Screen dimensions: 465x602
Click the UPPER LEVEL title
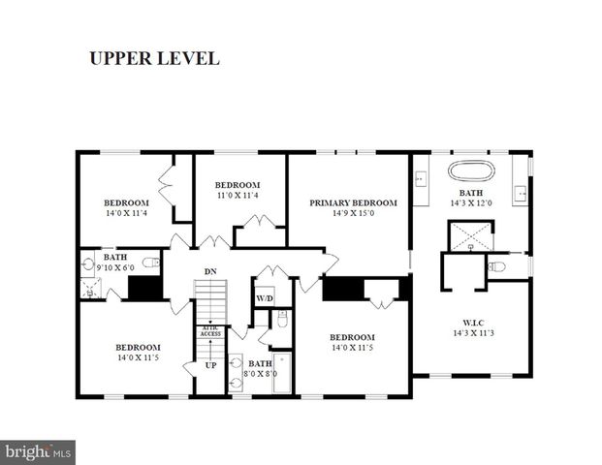click(x=154, y=58)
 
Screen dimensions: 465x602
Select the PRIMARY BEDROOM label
click(x=353, y=202)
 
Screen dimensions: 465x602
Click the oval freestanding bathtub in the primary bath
click(x=471, y=170)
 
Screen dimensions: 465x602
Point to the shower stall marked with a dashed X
click(x=465, y=235)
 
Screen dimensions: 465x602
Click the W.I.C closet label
click(x=472, y=322)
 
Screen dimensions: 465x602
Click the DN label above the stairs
click(x=209, y=271)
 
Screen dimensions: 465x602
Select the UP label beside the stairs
click(x=210, y=365)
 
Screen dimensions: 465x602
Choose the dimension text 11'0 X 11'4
click(x=238, y=196)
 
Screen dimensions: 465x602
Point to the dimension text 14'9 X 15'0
click(x=353, y=213)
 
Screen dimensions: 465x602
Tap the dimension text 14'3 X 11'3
click(x=472, y=332)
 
